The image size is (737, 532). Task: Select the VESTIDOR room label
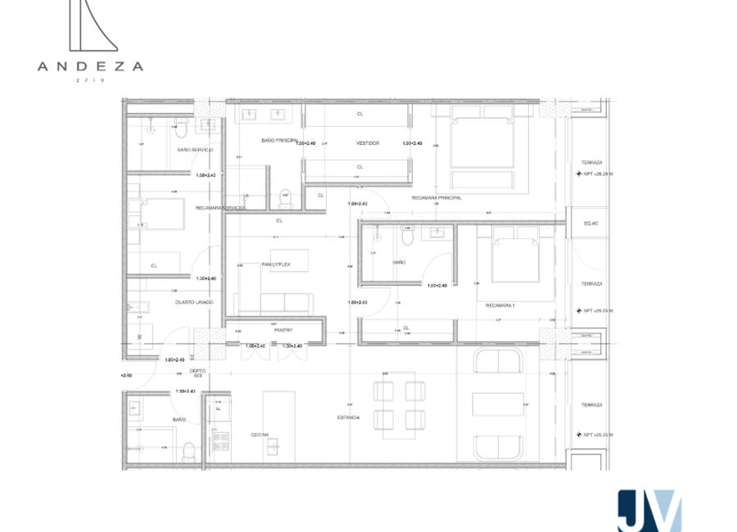point(368,143)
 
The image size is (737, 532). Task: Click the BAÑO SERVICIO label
point(196,150)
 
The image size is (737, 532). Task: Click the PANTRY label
point(273,330)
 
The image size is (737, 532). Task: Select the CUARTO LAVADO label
point(194,302)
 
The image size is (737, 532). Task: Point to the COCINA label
point(260,435)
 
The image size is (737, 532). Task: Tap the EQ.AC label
point(590,223)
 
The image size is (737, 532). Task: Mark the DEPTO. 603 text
point(198,373)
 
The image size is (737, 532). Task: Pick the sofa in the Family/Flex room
point(274,301)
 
